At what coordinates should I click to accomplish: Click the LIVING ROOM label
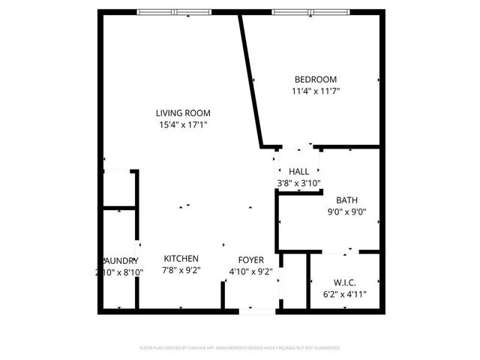click(x=183, y=112)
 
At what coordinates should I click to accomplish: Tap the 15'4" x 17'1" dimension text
click(x=183, y=124)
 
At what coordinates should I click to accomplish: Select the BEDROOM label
click(x=315, y=79)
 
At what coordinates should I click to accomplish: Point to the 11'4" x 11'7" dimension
click(x=315, y=91)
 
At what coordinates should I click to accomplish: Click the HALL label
click(x=298, y=172)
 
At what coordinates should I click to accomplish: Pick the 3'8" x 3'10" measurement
click(x=298, y=183)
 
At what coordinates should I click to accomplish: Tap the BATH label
click(x=346, y=200)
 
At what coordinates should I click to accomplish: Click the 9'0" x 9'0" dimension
click(x=346, y=211)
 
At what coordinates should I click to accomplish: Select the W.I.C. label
click(x=344, y=283)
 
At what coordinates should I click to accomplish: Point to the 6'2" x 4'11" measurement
click(x=344, y=294)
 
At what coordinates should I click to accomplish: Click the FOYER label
click(x=251, y=260)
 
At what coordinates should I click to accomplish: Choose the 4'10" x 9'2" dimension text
click(x=251, y=271)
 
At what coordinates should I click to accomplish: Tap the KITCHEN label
click(x=181, y=259)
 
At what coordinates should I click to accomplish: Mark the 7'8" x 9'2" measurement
click(x=181, y=271)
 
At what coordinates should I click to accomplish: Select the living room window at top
click(x=174, y=12)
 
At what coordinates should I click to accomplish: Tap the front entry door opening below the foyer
click(x=257, y=310)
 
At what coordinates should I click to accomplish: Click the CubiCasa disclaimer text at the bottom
click(x=240, y=348)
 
